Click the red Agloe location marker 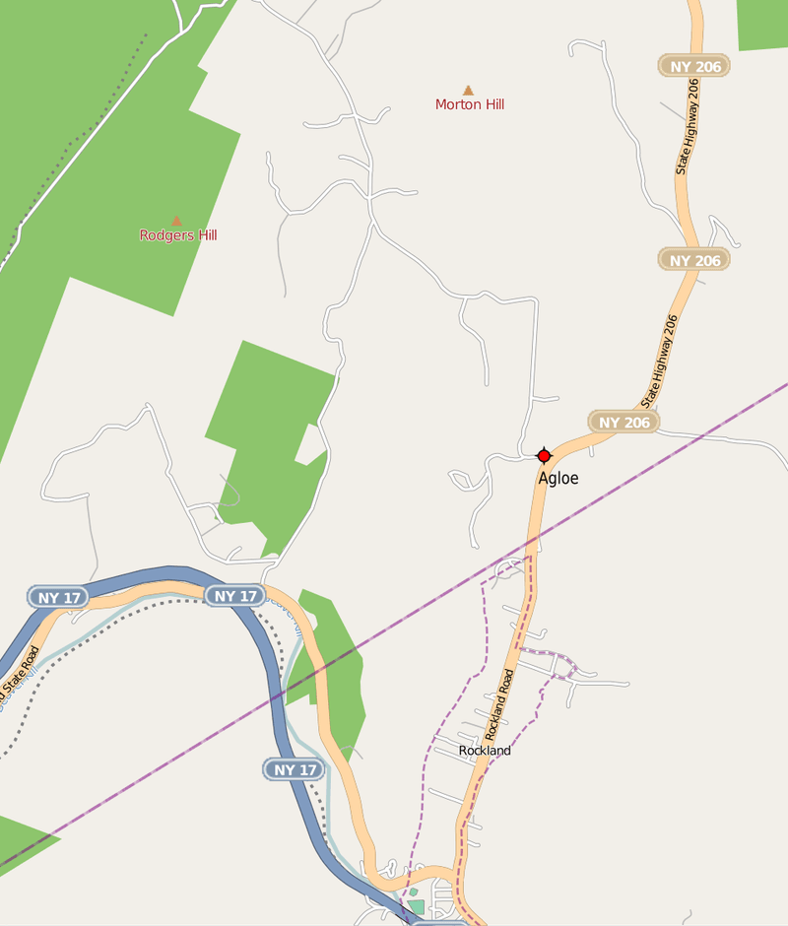(543, 455)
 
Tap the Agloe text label (558, 479)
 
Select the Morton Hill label (470, 104)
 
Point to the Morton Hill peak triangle (468, 91)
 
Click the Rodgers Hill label (177, 235)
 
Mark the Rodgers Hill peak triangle (176, 221)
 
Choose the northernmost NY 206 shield (694, 67)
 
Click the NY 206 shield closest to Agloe (624, 422)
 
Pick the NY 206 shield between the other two (694, 260)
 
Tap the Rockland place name (485, 751)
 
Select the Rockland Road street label (499, 705)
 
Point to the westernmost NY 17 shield (58, 597)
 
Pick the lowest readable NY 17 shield (295, 769)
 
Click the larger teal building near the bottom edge (417, 906)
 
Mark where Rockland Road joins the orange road (454, 872)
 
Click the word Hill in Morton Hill (490, 104)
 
